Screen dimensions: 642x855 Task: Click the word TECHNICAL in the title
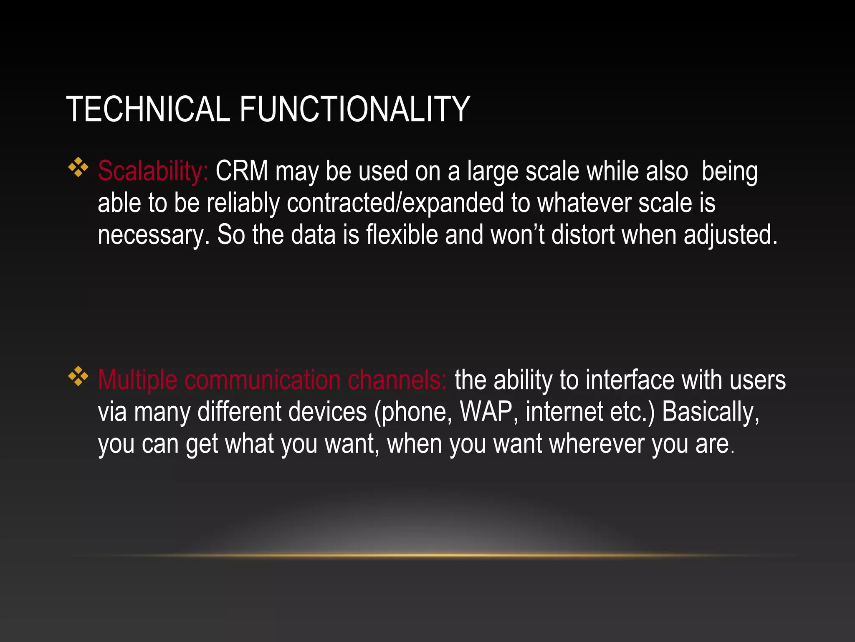click(148, 109)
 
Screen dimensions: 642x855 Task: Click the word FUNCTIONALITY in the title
click(354, 109)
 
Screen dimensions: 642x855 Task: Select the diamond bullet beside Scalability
click(78, 168)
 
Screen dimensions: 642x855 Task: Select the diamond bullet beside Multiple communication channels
click(78, 376)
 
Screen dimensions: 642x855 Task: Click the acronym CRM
click(242, 171)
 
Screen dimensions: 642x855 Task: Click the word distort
click(583, 234)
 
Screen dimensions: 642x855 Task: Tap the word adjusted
click(730, 235)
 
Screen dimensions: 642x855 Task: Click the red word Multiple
click(137, 380)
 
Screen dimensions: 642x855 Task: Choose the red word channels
click(397, 380)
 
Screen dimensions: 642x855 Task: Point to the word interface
click(630, 380)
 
